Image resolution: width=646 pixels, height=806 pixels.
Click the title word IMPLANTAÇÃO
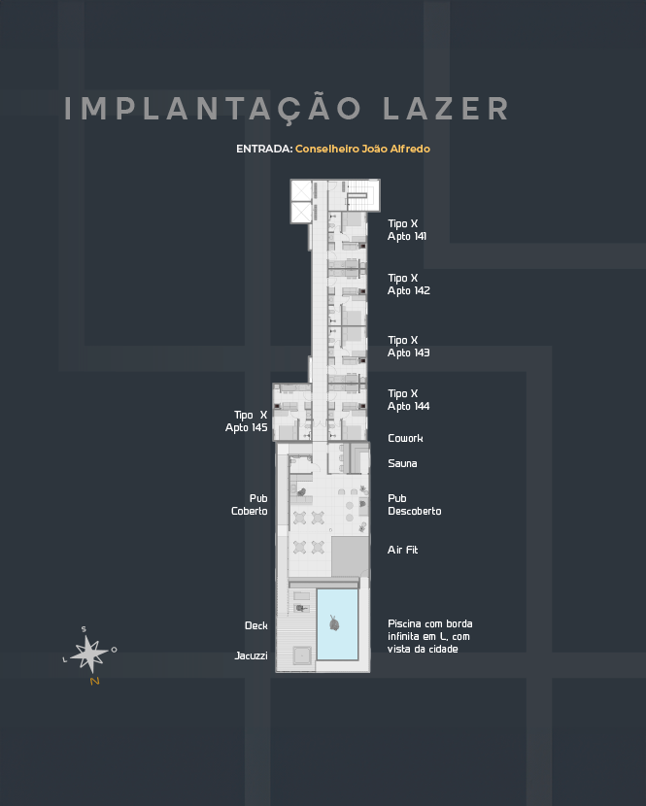(x=213, y=108)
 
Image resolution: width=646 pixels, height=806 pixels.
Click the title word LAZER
(x=446, y=109)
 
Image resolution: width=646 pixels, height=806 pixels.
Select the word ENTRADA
(x=264, y=149)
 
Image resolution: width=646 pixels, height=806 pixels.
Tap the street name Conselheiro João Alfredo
(x=362, y=149)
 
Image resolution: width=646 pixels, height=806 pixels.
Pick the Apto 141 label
(x=407, y=236)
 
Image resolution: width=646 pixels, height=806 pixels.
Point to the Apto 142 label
(x=408, y=290)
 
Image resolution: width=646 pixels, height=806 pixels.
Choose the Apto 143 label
(x=408, y=353)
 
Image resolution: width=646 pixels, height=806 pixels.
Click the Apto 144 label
(x=408, y=406)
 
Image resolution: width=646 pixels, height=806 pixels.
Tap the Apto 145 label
(x=247, y=427)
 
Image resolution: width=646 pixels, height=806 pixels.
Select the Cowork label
(x=405, y=438)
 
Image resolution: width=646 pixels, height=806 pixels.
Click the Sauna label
(x=402, y=463)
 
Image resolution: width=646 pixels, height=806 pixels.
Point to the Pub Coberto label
(x=250, y=505)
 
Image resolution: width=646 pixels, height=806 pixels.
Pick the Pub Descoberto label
(x=415, y=505)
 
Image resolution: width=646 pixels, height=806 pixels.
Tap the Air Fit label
(x=403, y=550)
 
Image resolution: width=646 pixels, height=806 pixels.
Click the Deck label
(x=256, y=625)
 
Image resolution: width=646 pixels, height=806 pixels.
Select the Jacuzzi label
(x=251, y=655)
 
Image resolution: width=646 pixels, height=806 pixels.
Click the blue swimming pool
(x=337, y=624)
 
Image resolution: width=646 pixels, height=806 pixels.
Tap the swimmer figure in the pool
(x=334, y=623)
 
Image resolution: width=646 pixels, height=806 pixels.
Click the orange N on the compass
(x=94, y=681)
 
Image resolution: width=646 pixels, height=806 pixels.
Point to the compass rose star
(x=89, y=654)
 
